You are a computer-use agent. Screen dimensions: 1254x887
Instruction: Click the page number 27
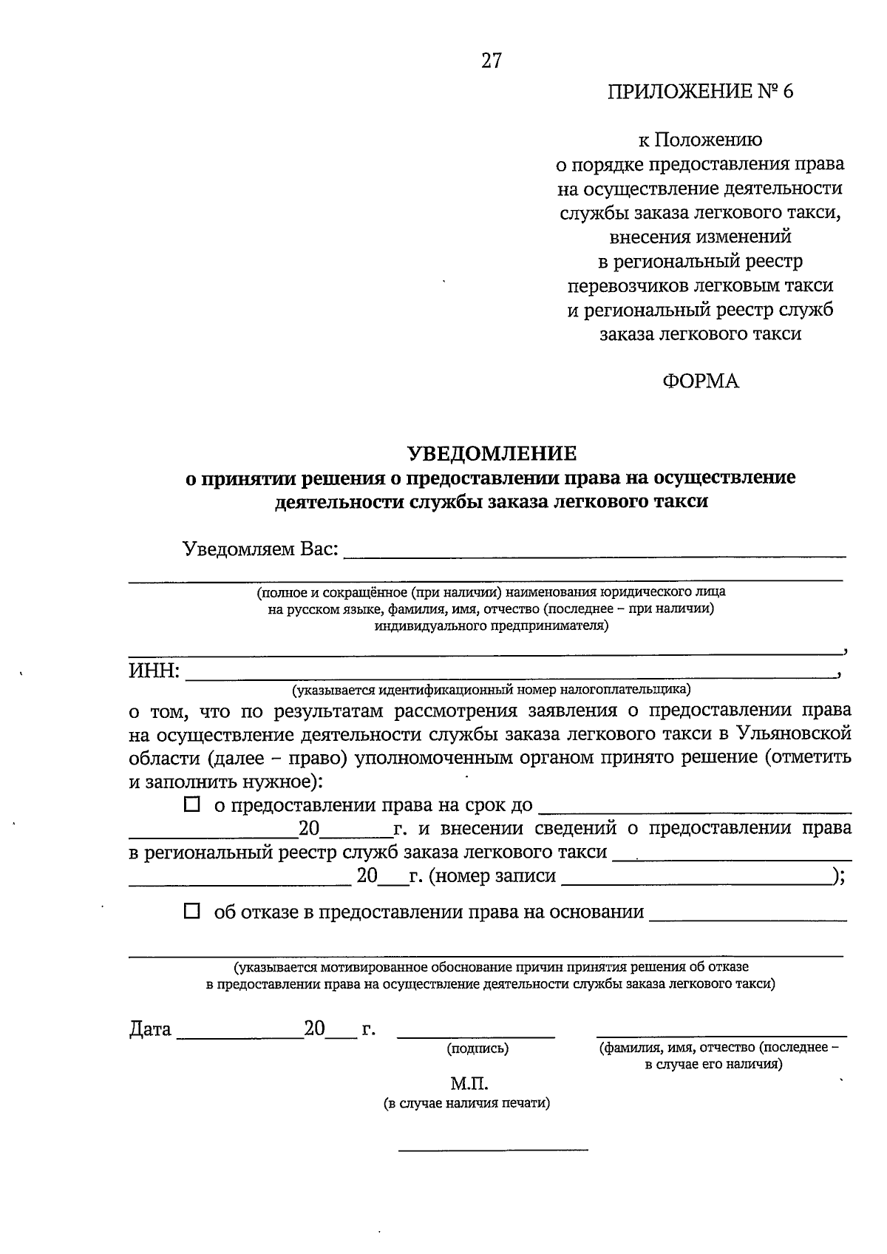[492, 61]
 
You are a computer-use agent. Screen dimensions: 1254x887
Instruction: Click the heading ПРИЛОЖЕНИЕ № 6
[699, 92]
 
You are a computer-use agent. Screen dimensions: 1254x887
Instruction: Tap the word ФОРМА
[700, 382]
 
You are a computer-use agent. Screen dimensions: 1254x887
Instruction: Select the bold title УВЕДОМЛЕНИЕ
[492, 453]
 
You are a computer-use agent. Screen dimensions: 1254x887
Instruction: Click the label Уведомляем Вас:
[261, 549]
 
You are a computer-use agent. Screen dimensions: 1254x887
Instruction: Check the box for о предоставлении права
[192, 804]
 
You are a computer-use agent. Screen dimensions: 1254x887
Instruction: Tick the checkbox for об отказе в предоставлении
[192, 912]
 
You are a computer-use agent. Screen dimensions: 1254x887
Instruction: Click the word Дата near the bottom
[150, 1029]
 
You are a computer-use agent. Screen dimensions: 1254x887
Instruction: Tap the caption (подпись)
[477, 1048]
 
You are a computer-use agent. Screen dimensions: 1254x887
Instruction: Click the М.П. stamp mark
[469, 1084]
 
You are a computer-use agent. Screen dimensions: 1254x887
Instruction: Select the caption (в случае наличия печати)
[467, 1104]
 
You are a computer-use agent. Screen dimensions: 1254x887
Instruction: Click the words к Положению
[700, 140]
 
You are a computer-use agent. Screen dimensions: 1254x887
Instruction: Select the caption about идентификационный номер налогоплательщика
[491, 690]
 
